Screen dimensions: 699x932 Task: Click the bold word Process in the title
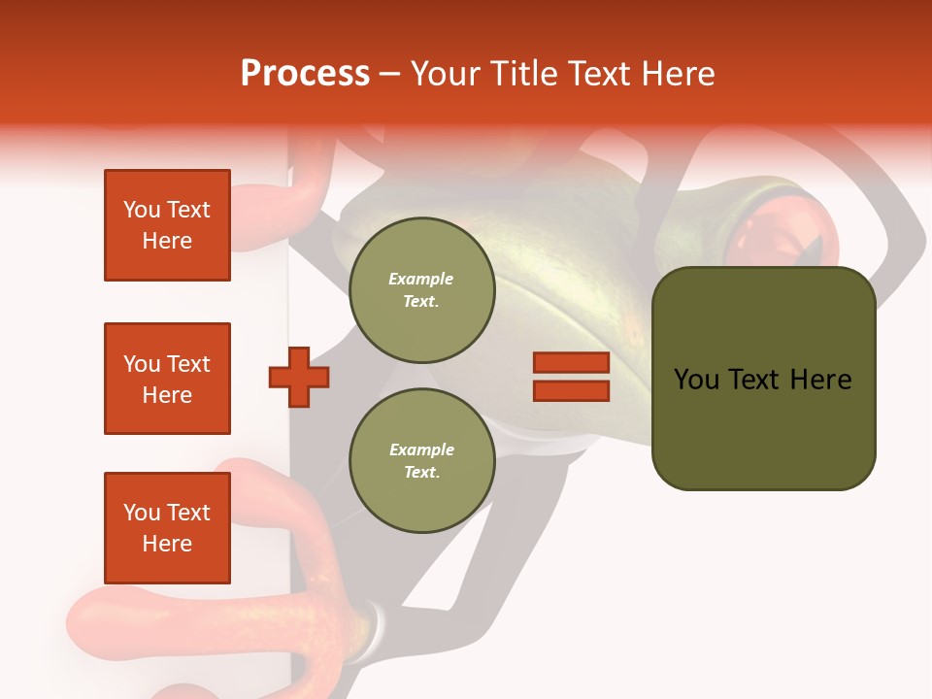point(305,74)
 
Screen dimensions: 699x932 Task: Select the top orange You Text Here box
point(167,225)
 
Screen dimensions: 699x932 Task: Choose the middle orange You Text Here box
point(167,379)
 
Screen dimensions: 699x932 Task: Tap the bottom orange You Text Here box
point(167,528)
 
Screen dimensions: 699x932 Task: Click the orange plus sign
point(299,377)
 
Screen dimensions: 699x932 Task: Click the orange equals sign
point(571,377)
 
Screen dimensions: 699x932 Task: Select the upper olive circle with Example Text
point(421,290)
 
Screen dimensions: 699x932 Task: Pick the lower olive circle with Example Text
point(421,461)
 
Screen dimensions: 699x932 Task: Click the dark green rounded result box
point(763,379)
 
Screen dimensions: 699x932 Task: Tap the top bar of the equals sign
point(571,363)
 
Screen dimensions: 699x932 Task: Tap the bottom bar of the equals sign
point(571,391)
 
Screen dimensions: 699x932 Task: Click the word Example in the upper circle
point(420,279)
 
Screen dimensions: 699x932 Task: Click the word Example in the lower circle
point(421,449)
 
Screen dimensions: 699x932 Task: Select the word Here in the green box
point(820,380)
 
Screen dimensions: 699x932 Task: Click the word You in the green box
point(697,380)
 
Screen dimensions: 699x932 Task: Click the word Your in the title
point(446,74)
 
